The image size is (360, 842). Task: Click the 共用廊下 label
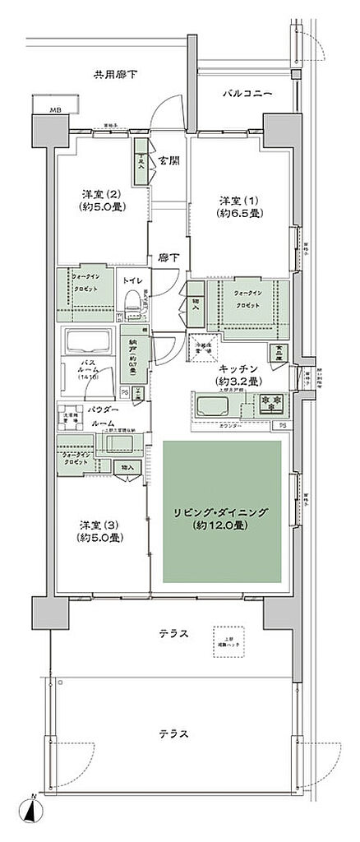click(114, 76)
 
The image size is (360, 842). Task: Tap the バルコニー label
click(247, 95)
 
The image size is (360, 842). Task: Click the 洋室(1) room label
click(240, 206)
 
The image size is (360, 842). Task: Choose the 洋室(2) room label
click(102, 201)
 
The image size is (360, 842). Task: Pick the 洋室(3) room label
click(101, 531)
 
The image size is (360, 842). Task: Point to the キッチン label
click(238, 376)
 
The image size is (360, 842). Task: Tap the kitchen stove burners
click(272, 405)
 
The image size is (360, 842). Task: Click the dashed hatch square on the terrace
click(228, 643)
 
